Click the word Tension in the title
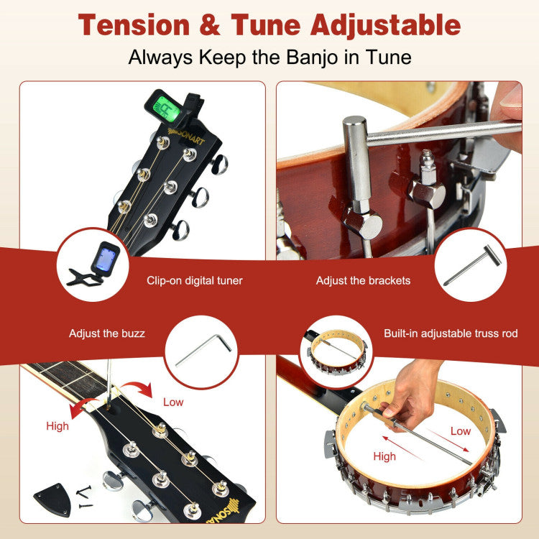(x=134, y=25)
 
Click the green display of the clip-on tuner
(x=166, y=109)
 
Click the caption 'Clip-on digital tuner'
(x=195, y=280)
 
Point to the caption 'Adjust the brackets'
(x=363, y=280)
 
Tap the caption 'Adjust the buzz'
(x=107, y=333)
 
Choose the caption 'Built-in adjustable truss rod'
(x=451, y=333)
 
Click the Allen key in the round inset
(x=203, y=351)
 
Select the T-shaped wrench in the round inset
(x=474, y=264)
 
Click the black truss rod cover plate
(x=53, y=499)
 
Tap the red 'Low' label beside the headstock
(x=173, y=402)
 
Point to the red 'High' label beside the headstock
(x=57, y=426)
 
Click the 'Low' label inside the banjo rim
(x=461, y=431)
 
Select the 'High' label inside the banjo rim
(x=384, y=456)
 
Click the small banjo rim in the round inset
(x=337, y=351)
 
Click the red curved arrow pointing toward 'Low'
(x=137, y=387)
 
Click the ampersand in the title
(x=210, y=25)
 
